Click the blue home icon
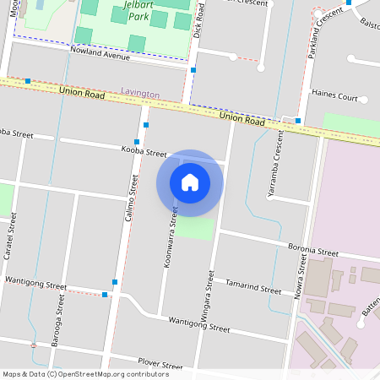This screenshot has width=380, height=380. [x=190, y=182]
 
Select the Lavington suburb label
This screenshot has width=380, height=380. [x=140, y=91]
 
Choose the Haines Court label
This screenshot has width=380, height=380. [x=335, y=96]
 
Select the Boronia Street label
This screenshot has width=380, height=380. [x=312, y=251]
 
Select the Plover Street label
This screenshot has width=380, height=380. [x=160, y=365]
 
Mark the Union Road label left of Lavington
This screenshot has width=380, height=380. [x=82, y=91]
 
